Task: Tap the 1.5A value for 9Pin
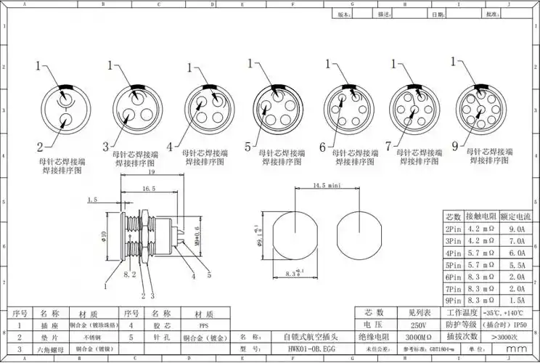tap(517, 300)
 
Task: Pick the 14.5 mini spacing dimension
tap(327, 187)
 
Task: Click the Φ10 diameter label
tap(103, 237)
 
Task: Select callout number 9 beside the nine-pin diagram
tap(454, 147)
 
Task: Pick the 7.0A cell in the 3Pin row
tap(517, 241)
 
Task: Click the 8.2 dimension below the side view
tap(131, 275)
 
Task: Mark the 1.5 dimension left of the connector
tap(91, 199)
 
